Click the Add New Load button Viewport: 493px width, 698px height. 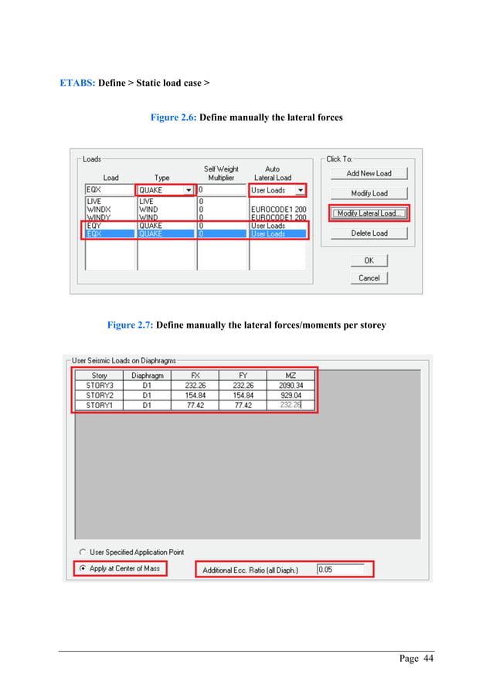point(369,173)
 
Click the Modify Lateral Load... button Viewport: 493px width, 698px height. point(369,213)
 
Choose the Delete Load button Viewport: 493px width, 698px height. point(369,233)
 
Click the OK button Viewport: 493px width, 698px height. point(369,260)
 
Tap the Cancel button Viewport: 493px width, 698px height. point(369,277)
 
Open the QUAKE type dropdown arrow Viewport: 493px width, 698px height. point(189,190)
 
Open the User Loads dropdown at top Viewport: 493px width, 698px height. point(301,190)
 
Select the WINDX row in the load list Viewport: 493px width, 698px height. point(99,209)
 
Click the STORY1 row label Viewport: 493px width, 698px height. point(99,404)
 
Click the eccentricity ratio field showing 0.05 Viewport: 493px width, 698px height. point(340,570)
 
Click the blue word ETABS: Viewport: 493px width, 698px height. point(77,81)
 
